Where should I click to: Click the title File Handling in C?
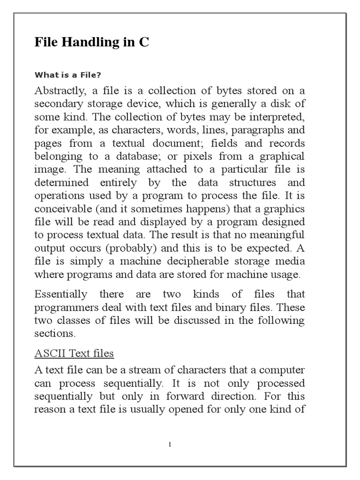coord(92,43)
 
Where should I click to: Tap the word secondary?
coord(57,104)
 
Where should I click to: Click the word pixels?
coord(202,156)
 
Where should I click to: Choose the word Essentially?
coord(61,294)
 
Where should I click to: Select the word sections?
coord(54,334)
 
